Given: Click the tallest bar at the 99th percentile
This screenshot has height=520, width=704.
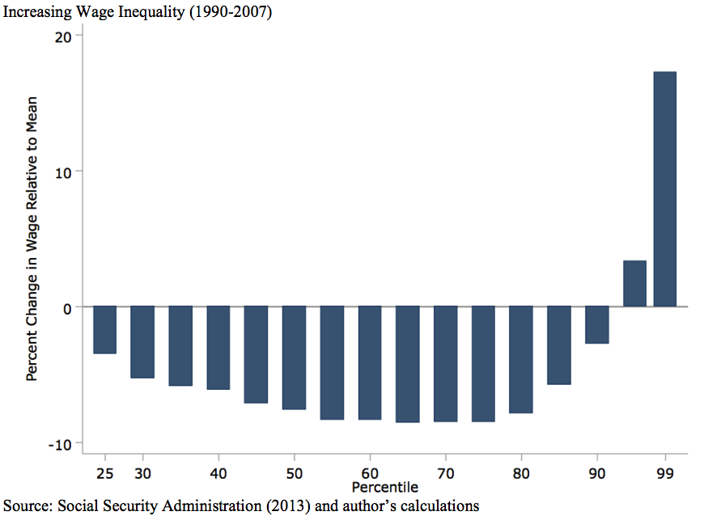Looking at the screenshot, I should point(664,189).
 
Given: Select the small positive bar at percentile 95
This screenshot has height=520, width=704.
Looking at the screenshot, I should point(634,284).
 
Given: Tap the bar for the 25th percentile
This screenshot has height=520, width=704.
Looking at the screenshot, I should point(104,330).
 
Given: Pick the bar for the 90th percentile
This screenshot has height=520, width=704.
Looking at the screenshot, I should point(597,325).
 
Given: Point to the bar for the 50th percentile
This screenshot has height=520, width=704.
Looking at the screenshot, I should point(294,357).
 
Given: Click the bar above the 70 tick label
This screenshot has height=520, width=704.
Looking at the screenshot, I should point(446,364).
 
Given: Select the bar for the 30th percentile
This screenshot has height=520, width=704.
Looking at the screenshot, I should point(142,342).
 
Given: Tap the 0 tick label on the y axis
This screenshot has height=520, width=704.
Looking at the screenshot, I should point(67,307).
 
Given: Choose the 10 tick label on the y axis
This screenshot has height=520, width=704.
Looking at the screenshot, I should point(64,171).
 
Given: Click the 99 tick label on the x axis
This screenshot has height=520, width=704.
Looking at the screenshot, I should point(665,471).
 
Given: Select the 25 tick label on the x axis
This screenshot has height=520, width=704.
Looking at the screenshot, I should point(105,471).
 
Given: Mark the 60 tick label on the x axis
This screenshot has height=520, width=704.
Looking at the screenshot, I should point(370,471).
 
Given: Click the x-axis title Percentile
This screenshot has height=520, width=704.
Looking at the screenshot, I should point(385,487).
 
